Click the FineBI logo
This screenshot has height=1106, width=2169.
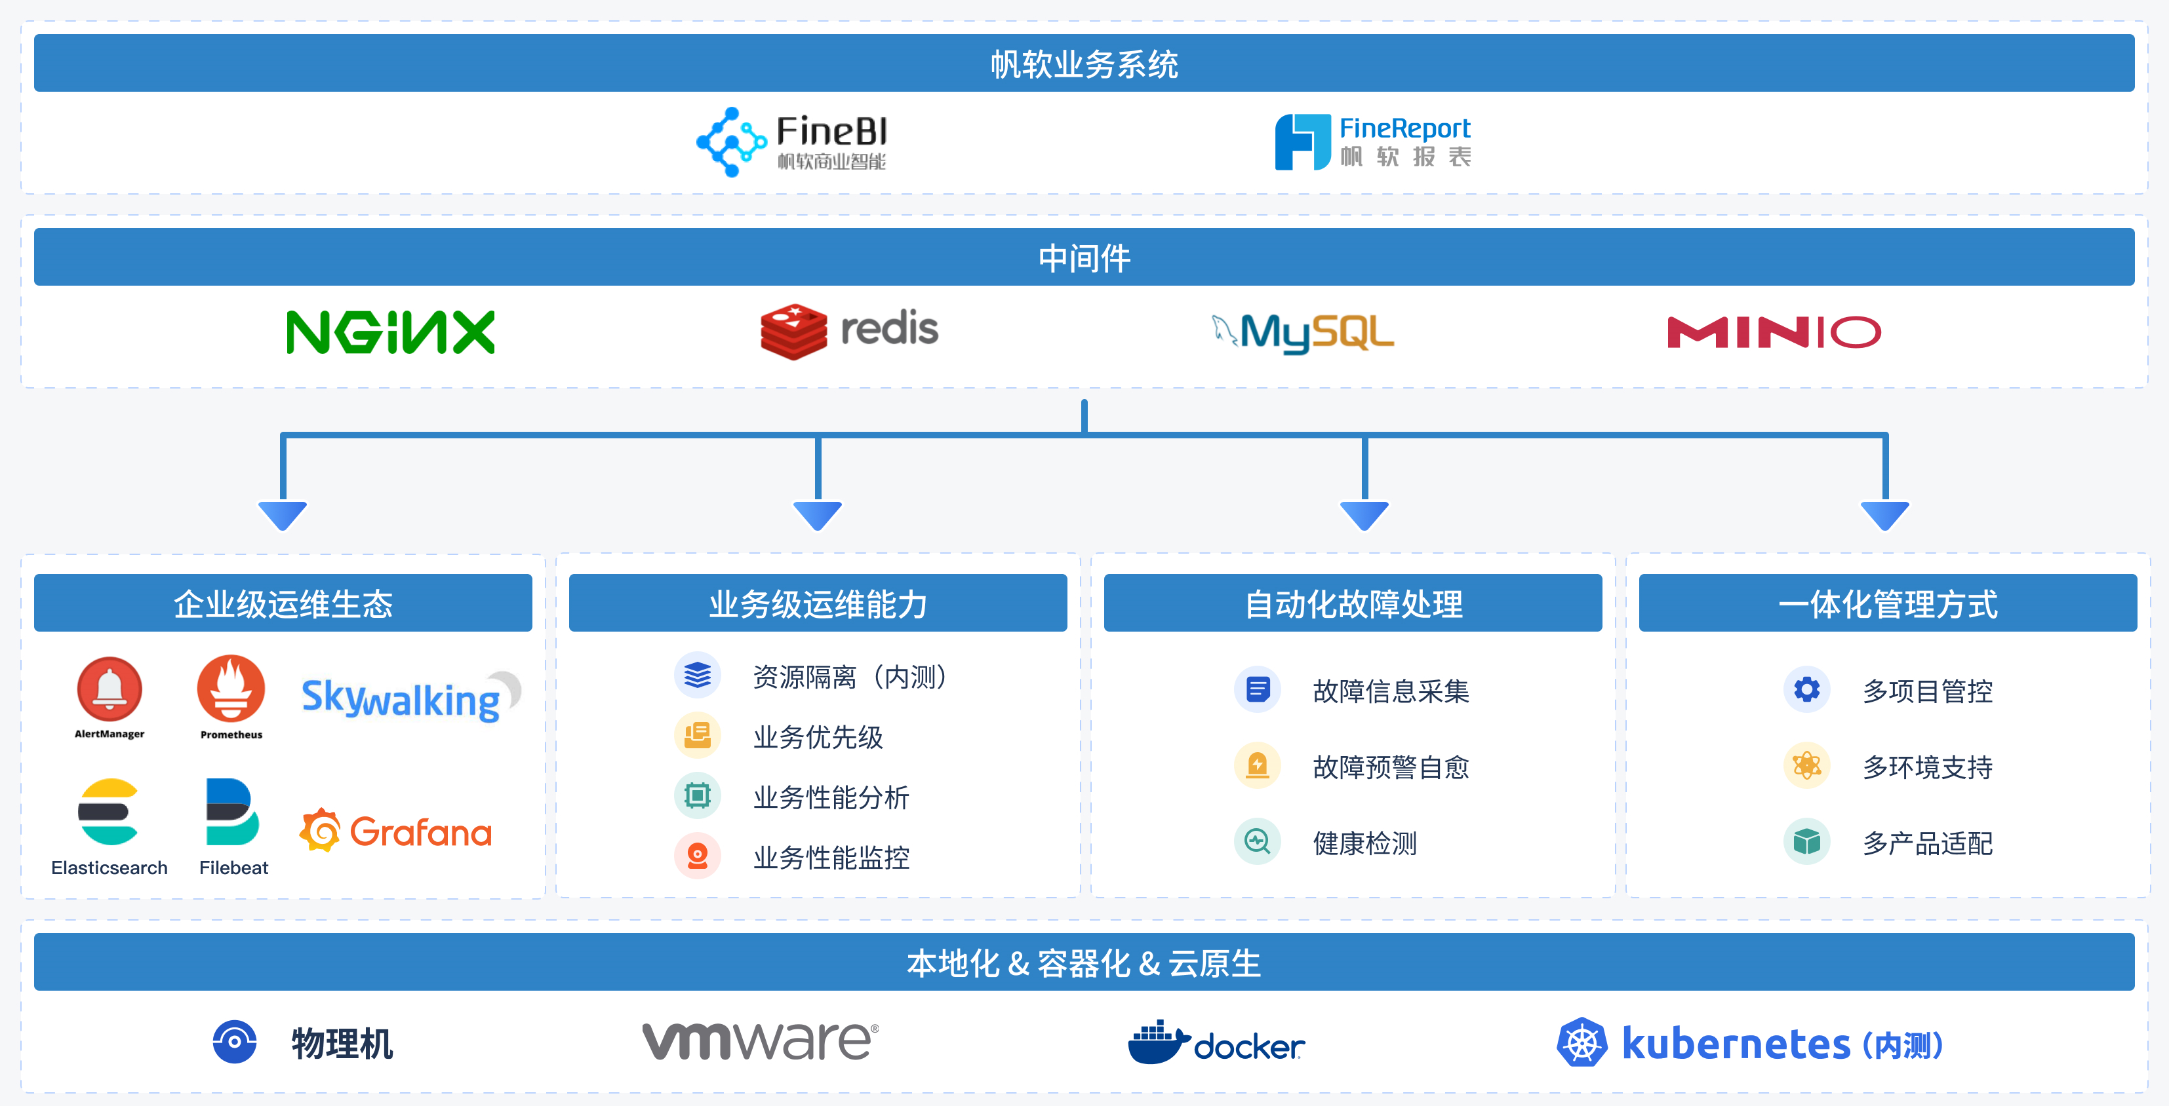[791, 142]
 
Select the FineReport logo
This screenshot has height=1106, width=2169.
[1372, 142]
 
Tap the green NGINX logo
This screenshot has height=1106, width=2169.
[391, 332]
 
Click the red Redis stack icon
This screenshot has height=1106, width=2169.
[793, 332]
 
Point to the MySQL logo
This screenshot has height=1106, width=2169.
[1303, 332]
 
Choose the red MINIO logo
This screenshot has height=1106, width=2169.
[1773, 332]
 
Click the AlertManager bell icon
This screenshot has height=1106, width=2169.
[109, 689]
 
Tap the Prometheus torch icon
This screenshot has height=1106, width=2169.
[231, 689]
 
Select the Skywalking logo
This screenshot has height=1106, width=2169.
[410, 697]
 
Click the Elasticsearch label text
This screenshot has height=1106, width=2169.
[109, 868]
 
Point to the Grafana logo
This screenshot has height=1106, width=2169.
[396, 831]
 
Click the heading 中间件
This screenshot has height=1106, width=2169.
[1084, 257]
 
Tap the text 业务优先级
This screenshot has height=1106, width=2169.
[818, 737]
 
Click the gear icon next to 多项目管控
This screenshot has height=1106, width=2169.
[1806, 690]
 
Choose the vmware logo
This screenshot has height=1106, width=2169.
[761, 1041]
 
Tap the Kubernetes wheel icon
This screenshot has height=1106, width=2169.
[1582, 1043]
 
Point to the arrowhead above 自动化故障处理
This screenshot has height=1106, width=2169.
[1364, 514]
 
